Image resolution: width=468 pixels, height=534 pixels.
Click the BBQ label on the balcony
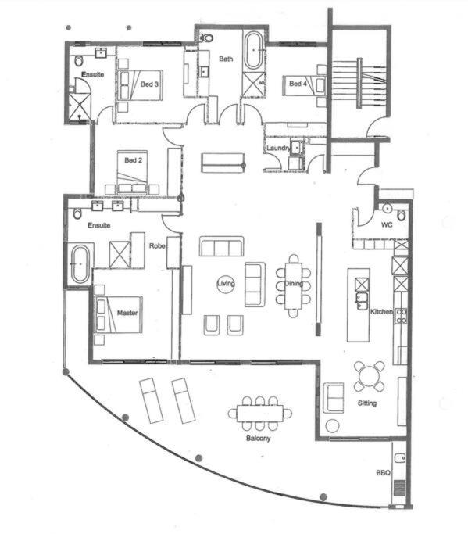coord(383,473)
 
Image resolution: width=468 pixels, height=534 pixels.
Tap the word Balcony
coord(258,438)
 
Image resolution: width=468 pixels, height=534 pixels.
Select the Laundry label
coord(278,148)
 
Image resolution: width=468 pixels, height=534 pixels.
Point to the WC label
coord(387,224)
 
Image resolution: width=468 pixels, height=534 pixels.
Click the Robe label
coord(157,245)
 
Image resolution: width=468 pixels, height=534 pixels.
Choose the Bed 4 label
coord(298,84)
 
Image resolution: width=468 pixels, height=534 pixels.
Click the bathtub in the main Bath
coord(254,50)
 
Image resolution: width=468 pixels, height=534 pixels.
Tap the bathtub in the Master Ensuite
coord(80,263)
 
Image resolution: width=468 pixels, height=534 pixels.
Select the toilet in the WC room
coord(402,215)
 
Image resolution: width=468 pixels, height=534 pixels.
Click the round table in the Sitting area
coord(370,376)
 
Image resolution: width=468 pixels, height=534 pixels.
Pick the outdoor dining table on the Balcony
coord(260,413)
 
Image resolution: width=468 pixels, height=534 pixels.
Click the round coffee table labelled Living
coord(226,283)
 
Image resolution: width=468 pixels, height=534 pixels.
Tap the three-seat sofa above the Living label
coord(222,246)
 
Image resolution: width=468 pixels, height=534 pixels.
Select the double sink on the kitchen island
coord(362,301)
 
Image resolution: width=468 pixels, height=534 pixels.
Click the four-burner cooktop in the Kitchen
coord(401,316)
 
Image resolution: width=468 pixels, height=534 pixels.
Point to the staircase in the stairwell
coord(359,83)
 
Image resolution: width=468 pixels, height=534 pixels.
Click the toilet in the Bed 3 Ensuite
coord(79,61)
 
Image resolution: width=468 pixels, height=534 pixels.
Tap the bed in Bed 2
coord(132,172)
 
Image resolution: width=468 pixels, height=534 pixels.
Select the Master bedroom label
coord(127,313)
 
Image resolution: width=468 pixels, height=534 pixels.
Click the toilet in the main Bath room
coord(206,38)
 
